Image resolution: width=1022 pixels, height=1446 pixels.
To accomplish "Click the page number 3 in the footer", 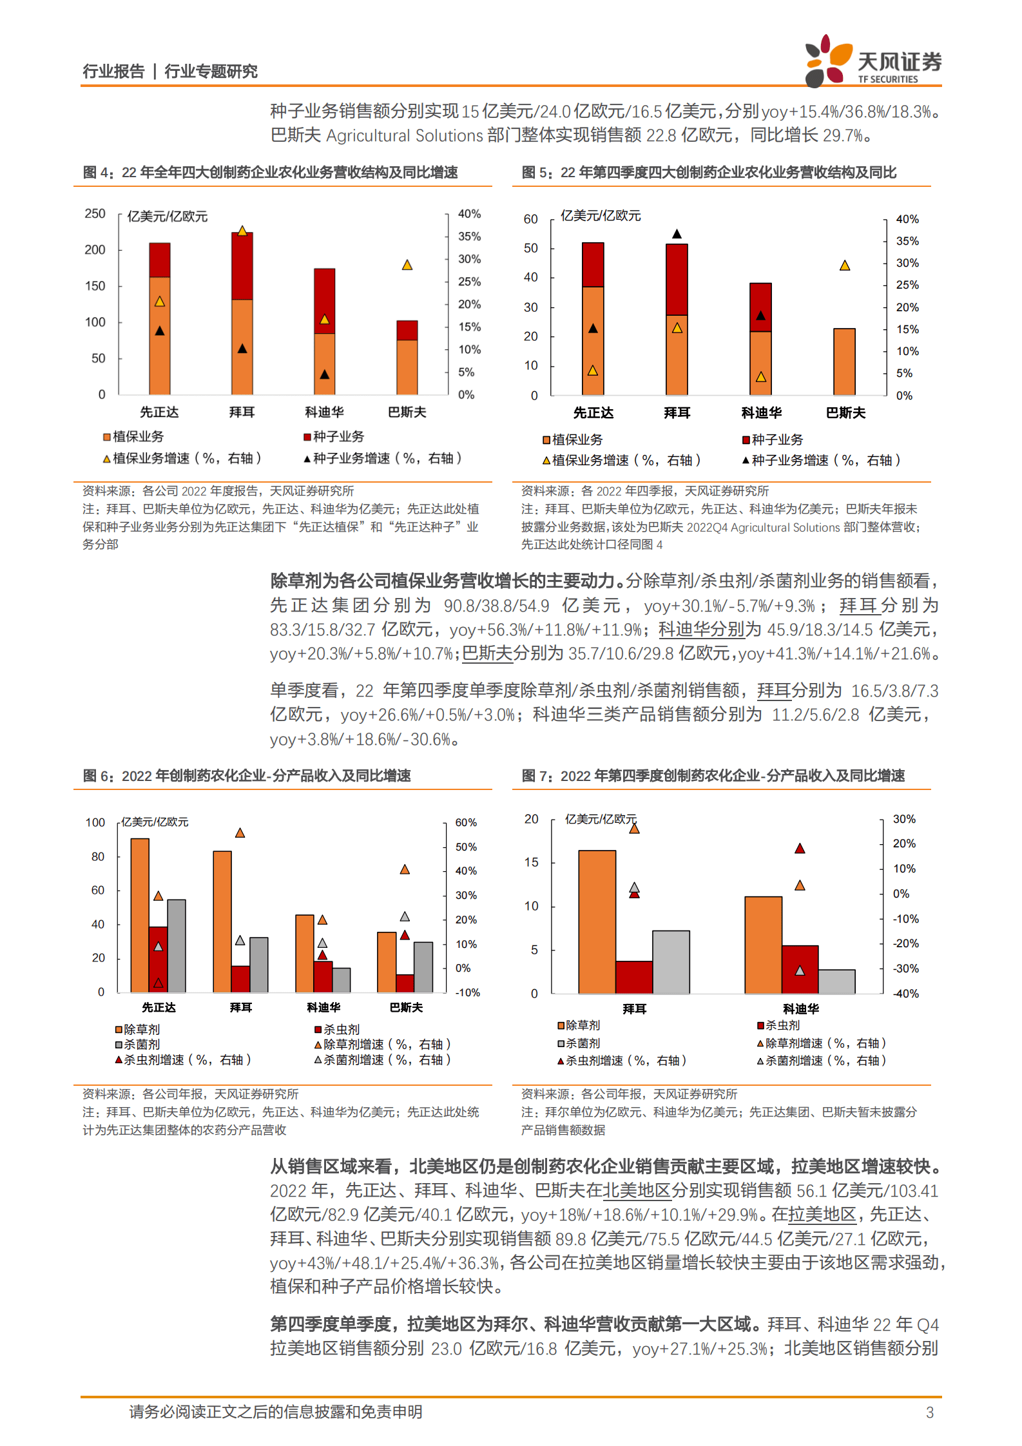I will [x=929, y=1412].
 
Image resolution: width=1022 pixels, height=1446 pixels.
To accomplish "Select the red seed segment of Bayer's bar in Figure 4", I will [x=242, y=266].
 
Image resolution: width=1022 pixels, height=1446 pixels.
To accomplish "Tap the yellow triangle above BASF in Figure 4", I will [x=407, y=265].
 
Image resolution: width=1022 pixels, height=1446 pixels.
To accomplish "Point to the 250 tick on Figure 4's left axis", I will [x=95, y=214].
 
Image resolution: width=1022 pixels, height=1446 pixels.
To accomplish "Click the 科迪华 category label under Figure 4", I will [x=324, y=412].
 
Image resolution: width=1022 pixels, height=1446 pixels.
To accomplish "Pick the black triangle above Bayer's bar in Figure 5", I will [x=677, y=234].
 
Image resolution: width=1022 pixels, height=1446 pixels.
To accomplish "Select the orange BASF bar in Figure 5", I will [x=844, y=361].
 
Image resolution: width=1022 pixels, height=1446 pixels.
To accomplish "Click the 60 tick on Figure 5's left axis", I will [x=530, y=219].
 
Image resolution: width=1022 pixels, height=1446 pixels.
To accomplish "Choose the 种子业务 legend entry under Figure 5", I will [x=773, y=439].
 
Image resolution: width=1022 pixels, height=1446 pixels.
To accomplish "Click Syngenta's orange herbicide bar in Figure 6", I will [x=140, y=915].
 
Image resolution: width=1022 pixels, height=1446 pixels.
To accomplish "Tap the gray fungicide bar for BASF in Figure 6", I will [x=423, y=967].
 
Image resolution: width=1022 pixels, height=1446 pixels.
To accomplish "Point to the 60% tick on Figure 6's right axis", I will [x=466, y=823].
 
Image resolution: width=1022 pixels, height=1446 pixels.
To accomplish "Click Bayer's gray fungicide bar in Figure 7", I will [x=671, y=961].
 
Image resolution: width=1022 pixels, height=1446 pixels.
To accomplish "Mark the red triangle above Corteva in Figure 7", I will [x=800, y=849].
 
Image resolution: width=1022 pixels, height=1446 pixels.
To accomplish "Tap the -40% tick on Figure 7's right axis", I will [x=905, y=994].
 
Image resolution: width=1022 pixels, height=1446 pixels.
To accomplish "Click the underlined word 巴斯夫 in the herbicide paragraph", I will [x=487, y=653].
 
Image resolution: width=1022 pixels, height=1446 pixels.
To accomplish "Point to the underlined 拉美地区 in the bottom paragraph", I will [x=822, y=1215].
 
